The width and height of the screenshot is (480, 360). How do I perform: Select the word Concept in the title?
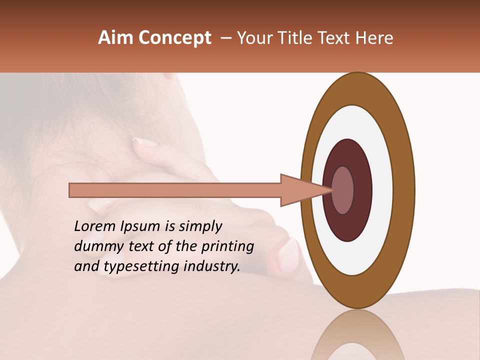174,38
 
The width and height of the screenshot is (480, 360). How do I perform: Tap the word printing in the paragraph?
227,247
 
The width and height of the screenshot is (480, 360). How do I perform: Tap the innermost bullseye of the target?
343,190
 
